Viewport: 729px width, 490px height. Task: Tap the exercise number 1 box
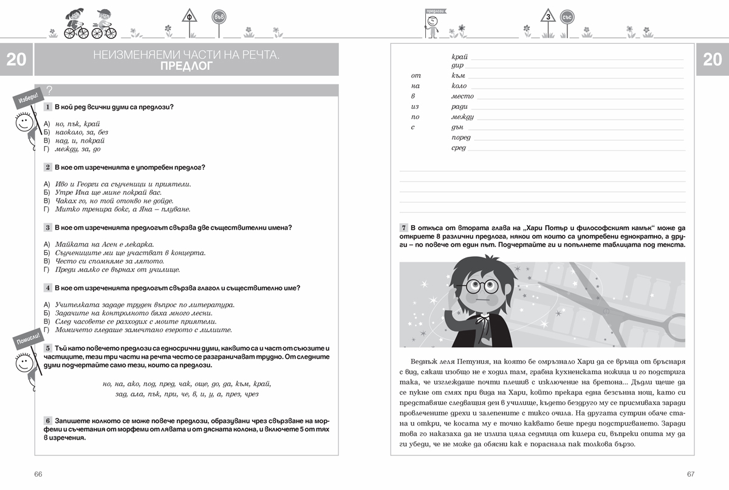pyautogui.click(x=47, y=107)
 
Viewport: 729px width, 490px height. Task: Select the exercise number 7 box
pyautogui.click(x=403, y=227)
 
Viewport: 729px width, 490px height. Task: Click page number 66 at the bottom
pyautogui.click(x=38, y=474)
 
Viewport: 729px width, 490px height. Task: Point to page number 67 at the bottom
pyautogui.click(x=690, y=474)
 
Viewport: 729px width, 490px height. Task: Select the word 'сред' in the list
pyautogui.click(x=459, y=148)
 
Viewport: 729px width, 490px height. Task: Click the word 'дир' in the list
pyautogui.click(x=457, y=66)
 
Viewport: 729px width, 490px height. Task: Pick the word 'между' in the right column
pyautogui.click(x=462, y=117)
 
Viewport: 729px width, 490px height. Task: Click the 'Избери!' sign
pyautogui.click(x=27, y=98)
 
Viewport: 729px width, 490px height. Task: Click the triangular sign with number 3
pyautogui.click(x=549, y=18)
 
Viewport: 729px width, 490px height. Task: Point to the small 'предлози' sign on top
pyautogui.click(x=433, y=10)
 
